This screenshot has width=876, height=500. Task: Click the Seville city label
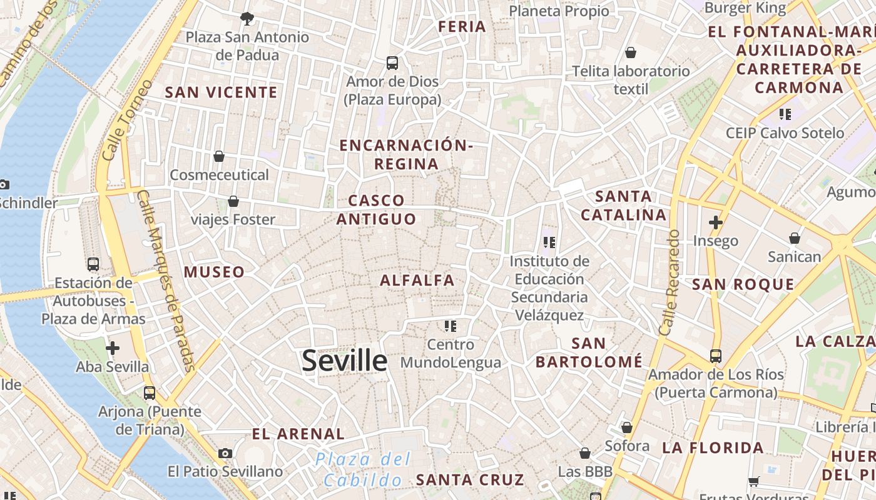pos(345,361)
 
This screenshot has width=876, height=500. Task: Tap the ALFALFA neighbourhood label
pos(417,281)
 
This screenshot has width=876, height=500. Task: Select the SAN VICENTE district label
pos(221,92)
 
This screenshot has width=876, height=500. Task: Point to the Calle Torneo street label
pos(126,119)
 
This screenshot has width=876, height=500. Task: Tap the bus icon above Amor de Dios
pos(392,63)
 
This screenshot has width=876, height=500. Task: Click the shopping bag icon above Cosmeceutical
pos(219,156)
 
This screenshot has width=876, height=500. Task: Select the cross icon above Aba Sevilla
pos(113,348)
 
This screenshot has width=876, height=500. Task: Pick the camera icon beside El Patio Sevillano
pos(225,453)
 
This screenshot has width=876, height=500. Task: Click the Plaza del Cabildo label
pos(364,470)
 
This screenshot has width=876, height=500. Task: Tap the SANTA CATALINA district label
pos(624,206)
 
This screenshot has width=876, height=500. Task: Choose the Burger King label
pos(745,8)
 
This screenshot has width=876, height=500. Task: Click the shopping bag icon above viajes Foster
pos(233,201)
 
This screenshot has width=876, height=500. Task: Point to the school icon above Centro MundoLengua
pos(450,326)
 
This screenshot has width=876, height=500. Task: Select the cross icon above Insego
pos(716,222)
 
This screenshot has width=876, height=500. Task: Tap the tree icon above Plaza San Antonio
pos(247,18)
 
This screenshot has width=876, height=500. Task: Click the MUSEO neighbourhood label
pos(214,272)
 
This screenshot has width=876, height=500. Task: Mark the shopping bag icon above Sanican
pos(795,238)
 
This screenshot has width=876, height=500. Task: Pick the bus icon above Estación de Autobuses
pos(93,264)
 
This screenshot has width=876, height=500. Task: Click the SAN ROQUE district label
pos(743,284)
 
